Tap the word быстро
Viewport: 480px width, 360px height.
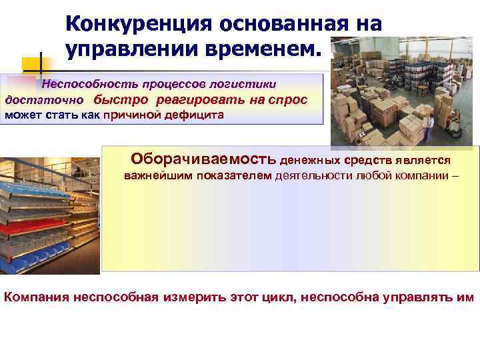pyautogui.click(x=122, y=100)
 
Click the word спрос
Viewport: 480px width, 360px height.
pyautogui.click(x=287, y=100)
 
